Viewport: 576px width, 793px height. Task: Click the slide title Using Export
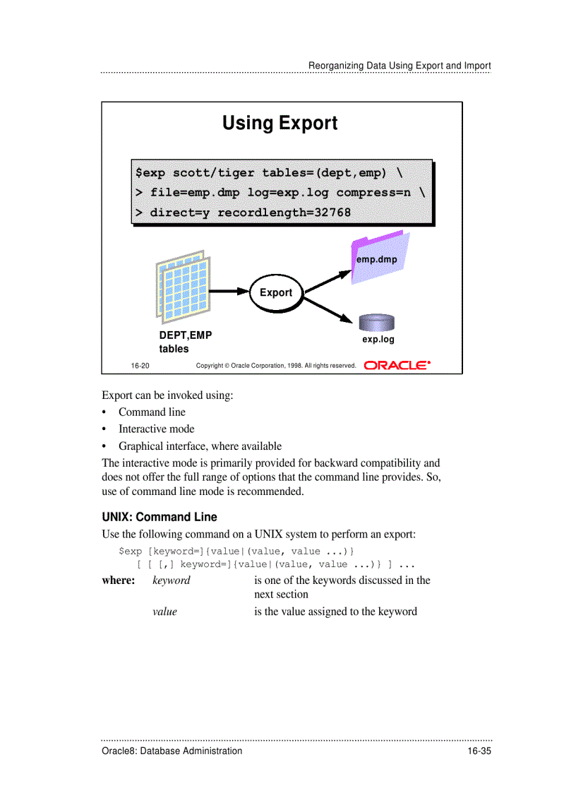click(280, 123)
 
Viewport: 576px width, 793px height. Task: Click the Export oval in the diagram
click(275, 292)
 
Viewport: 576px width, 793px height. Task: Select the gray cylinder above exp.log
click(376, 323)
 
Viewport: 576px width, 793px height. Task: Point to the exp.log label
click(378, 340)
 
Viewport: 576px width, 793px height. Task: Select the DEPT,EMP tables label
click(184, 342)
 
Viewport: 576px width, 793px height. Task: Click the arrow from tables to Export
click(230, 291)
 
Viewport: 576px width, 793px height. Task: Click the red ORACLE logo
click(397, 365)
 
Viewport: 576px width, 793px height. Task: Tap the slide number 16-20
click(140, 366)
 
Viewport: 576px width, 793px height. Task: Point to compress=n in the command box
click(373, 193)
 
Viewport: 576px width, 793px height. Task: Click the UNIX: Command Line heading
click(160, 517)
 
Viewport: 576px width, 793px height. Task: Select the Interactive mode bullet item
click(156, 429)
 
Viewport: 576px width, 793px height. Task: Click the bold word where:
click(119, 580)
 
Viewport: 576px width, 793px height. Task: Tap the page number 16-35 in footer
click(478, 751)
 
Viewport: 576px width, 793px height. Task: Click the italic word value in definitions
click(164, 612)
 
